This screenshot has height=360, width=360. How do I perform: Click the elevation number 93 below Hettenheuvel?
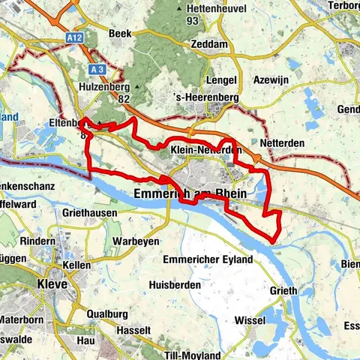[x=193, y=20]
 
